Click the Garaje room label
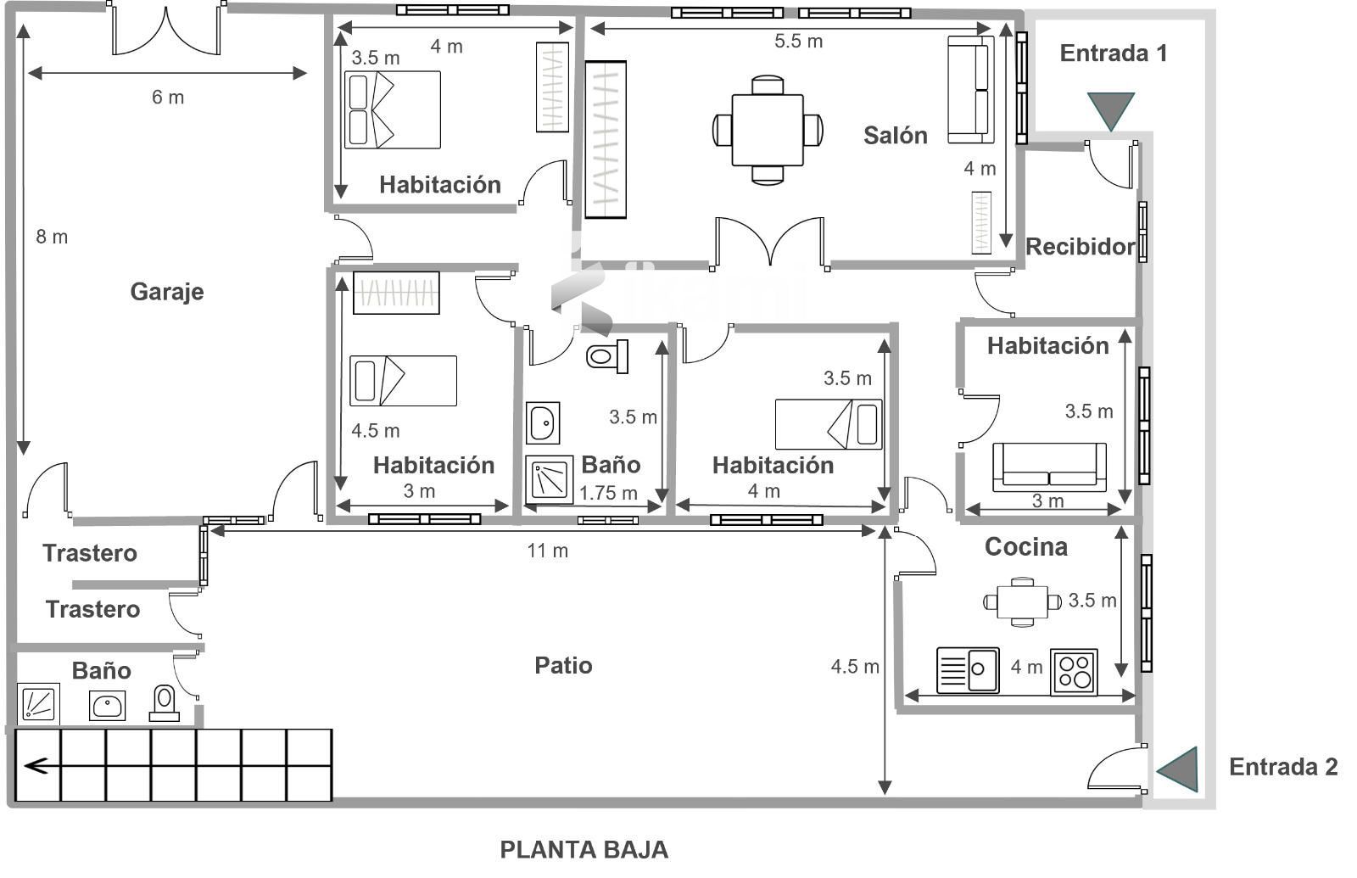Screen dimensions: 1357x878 (x=166, y=292)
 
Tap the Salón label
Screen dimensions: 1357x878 (x=896, y=135)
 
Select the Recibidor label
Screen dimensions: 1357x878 (x=1081, y=247)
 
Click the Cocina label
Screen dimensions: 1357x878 (x=1025, y=546)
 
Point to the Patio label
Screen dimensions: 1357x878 (x=563, y=665)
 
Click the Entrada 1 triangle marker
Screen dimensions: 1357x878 (x=1110, y=111)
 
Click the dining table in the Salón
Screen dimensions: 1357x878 (x=768, y=130)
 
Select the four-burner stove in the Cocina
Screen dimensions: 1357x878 (x=1074, y=672)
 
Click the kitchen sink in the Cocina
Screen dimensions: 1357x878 (x=968, y=669)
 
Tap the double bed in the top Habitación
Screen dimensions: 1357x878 (x=393, y=109)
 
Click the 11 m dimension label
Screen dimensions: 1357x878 (x=547, y=551)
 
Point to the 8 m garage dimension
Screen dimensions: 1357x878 (x=52, y=237)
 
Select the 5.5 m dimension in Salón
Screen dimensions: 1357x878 (x=798, y=42)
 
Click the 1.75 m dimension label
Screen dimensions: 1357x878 (x=608, y=493)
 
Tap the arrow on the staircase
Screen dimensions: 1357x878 (x=36, y=767)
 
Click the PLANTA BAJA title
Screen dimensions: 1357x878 (x=584, y=849)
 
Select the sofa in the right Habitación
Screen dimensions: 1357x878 (x=1049, y=467)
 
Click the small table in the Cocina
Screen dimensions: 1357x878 (x=1022, y=601)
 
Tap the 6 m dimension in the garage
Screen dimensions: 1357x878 (x=168, y=97)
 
